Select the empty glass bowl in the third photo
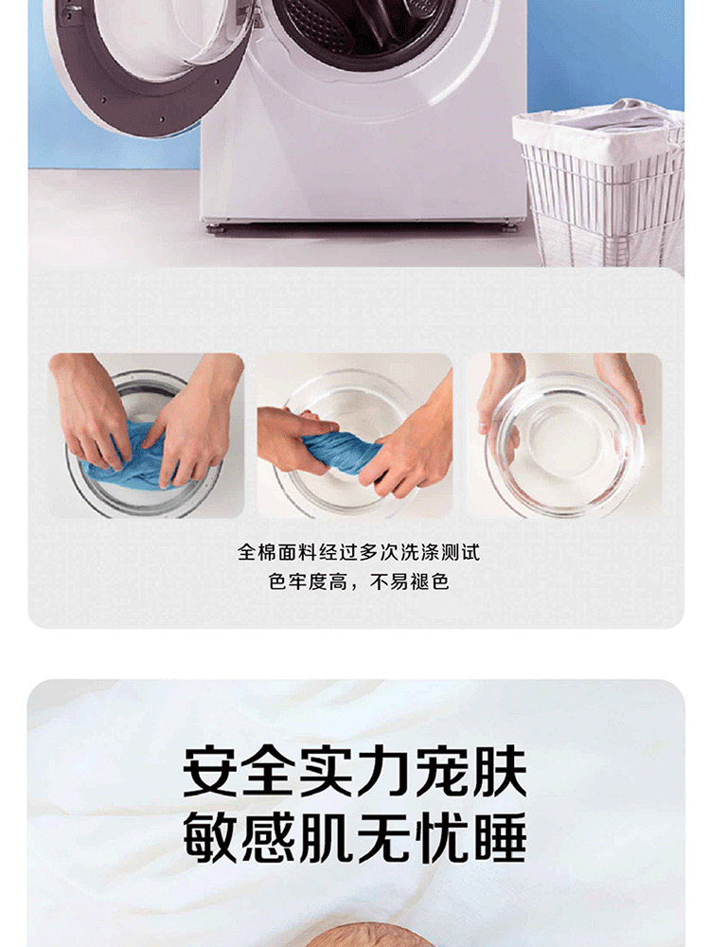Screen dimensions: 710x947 (564, 444)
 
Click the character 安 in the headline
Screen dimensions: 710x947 (211, 771)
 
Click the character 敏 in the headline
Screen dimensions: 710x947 (211, 837)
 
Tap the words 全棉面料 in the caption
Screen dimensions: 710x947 (277, 552)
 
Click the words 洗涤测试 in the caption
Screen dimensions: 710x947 (439, 552)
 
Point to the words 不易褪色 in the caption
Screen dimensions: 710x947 (409, 582)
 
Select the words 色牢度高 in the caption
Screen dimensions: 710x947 (308, 582)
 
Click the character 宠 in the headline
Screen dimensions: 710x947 (442, 771)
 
